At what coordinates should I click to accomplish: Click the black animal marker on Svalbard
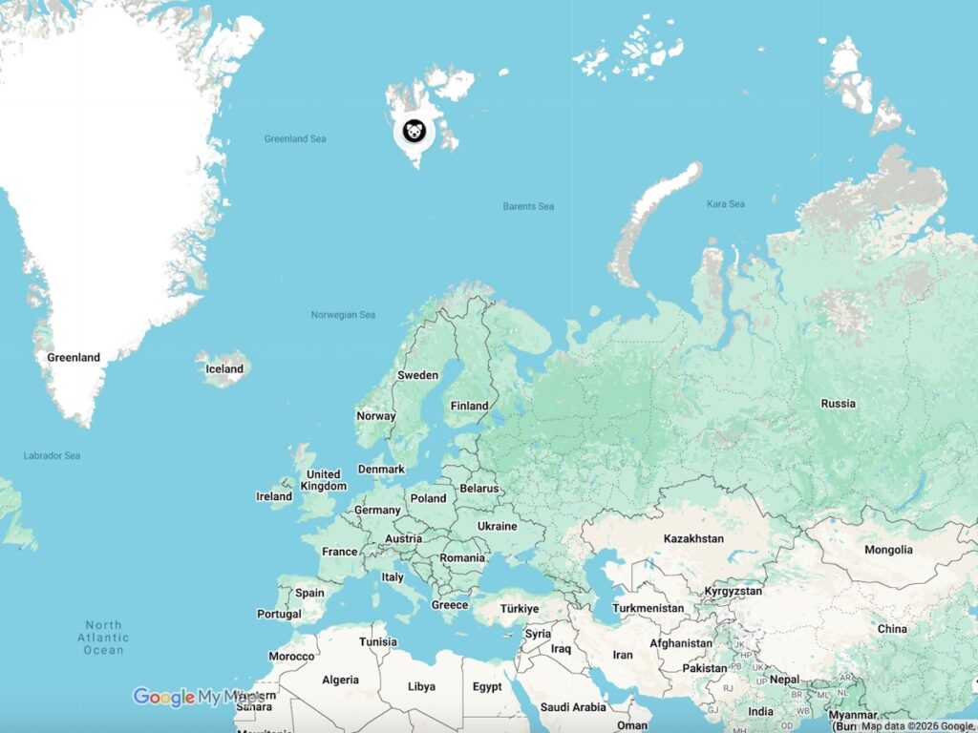click(x=414, y=132)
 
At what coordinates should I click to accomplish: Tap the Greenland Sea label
click(x=295, y=139)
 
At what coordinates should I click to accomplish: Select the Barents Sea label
click(x=528, y=206)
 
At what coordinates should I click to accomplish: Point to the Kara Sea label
click(x=725, y=204)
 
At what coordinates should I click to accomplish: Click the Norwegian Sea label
click(x=343, y=315)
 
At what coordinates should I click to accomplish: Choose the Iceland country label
click(x=225, y=369)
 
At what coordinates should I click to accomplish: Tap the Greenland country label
click(x=74, y=358)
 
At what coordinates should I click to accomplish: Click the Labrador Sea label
click(x=52, y=456)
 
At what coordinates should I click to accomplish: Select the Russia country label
click(x=838, y=404)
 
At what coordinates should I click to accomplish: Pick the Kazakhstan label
click(x=693, y=539)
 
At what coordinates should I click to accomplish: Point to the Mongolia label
click(x=888, y=550)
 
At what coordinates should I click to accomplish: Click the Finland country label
click(x=469, y=406)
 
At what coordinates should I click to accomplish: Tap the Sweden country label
click(x=417, y=375)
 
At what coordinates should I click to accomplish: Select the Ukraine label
click(x=497, y=526)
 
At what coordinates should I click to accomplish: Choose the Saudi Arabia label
click(x=573, y=707)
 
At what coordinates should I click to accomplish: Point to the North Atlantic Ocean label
click(x=103, y=638)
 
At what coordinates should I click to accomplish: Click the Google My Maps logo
click(x=198, y=698)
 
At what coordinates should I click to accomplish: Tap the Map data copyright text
click(x=917, y=726)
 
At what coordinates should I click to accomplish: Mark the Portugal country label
click(x=279, y=614)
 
